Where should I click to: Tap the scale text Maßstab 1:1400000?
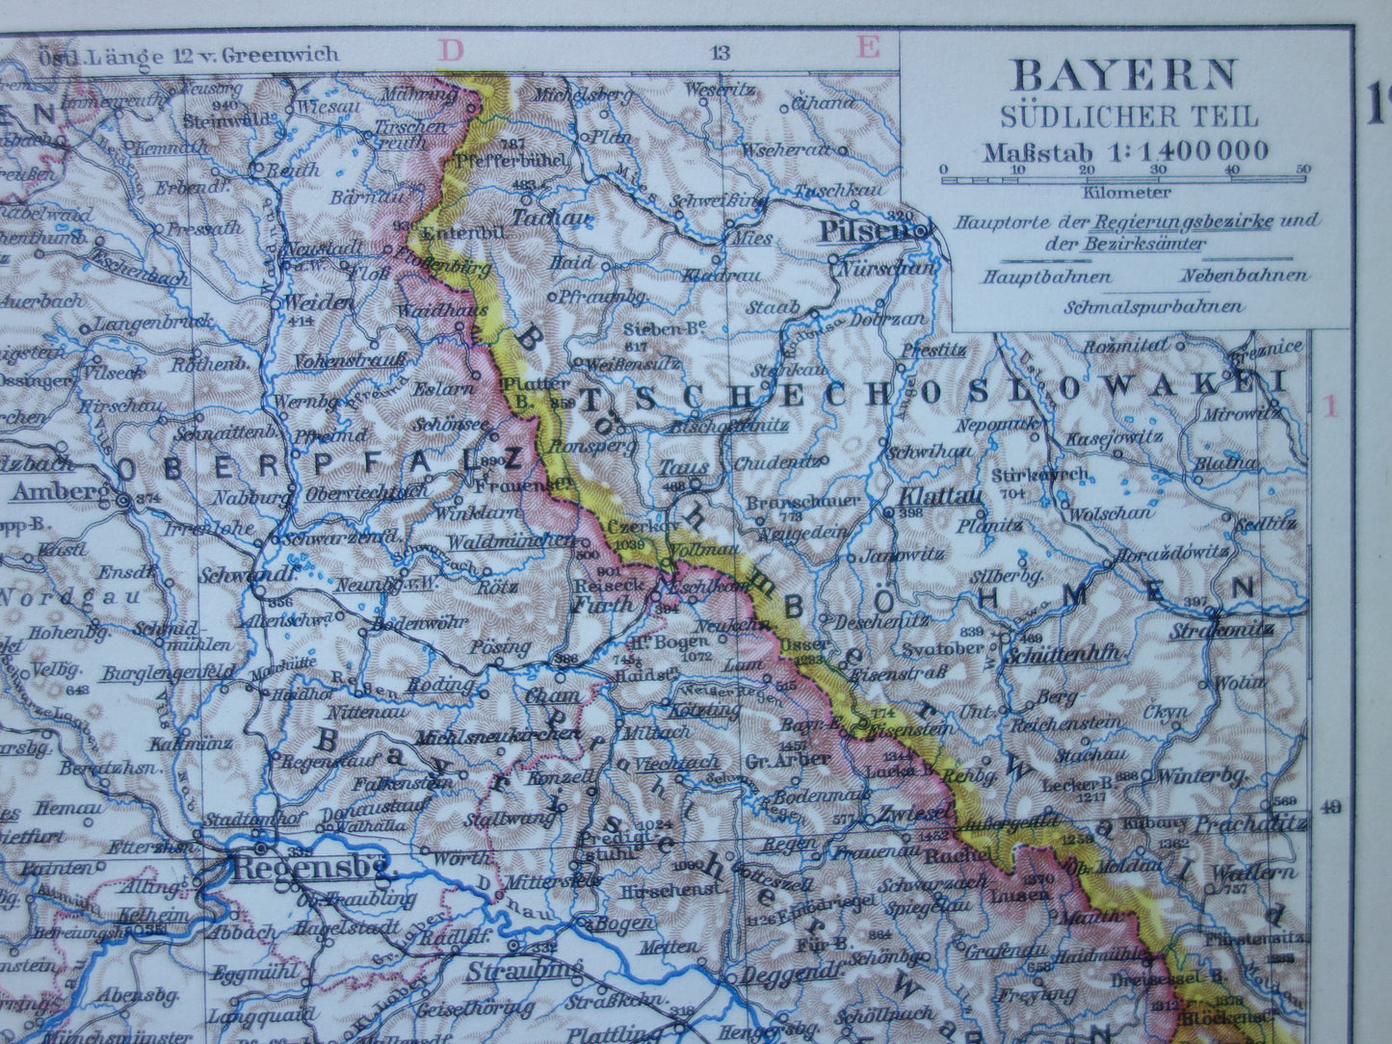point(1125,151)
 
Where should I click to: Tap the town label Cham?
point(552,694)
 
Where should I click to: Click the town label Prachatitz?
point(1249,823)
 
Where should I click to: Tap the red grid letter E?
point(868,47)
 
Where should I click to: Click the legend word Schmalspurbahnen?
point(1153,307)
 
